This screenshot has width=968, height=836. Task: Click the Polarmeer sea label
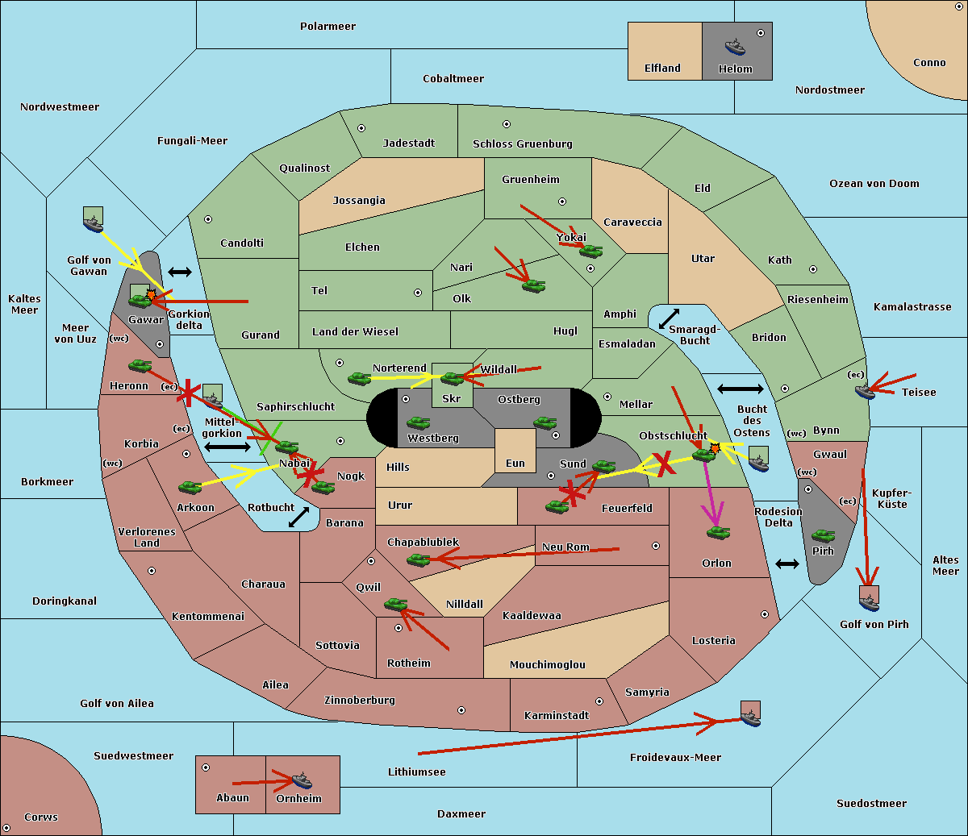coord(328,27)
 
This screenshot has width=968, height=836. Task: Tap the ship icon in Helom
coord(735,46)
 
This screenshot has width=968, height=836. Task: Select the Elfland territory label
coord(662,69)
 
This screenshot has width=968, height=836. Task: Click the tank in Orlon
coord(718,533)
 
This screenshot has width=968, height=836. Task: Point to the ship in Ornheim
coord(302,780)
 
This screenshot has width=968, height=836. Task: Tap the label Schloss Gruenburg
coord(522,144)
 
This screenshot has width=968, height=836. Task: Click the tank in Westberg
coord(418,423)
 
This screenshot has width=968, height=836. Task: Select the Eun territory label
coord(515,464)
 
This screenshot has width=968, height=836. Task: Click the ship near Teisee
coord(865,391)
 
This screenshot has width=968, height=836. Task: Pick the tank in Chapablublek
coord(418,559)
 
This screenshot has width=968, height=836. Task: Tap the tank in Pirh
coord(823,536)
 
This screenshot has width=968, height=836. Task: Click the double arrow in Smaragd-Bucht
coord(670,318)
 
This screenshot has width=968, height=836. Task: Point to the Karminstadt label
coord(557,716)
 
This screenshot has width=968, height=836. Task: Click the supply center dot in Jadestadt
coord(361,128)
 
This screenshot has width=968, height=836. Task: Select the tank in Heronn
coord(140,366)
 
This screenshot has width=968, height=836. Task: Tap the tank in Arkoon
coord(190,487)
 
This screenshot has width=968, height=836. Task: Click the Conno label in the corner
coord(929,63)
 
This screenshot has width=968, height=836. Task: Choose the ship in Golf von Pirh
coord(869,597)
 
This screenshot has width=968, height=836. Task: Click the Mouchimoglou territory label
coord(548,665)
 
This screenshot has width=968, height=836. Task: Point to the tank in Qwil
coord(395,604)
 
